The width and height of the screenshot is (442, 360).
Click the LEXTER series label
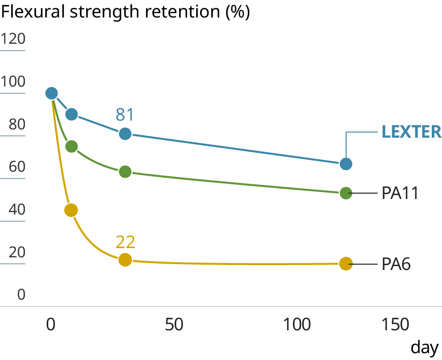[x=411, y=132]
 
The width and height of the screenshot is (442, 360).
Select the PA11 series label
[x=400, y=193]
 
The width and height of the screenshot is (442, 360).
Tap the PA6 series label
[x=396, y=264]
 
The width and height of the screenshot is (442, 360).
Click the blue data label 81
[x=125, y=115]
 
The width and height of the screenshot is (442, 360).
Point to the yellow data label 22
[x=125, y=242]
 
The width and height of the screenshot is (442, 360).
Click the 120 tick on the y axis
[x=13, y=39]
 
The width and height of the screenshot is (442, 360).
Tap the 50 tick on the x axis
[x=174, y=325]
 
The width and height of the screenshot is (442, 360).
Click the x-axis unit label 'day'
[x=424, y=347]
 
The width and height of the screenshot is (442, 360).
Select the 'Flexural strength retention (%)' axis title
[x=126, y=12]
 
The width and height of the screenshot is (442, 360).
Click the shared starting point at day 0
[x=51, y=93]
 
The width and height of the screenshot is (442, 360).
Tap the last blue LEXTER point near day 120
[x=346, y=164]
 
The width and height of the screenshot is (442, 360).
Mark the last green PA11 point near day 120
[x=346, y=193]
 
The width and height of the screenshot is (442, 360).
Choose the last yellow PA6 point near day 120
[x=346, y=264]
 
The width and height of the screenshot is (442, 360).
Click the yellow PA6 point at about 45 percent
[x=71, y=210]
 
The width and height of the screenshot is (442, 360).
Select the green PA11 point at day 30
[x=125, y=172]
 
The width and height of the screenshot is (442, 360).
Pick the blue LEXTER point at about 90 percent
[x=72, y=114]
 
